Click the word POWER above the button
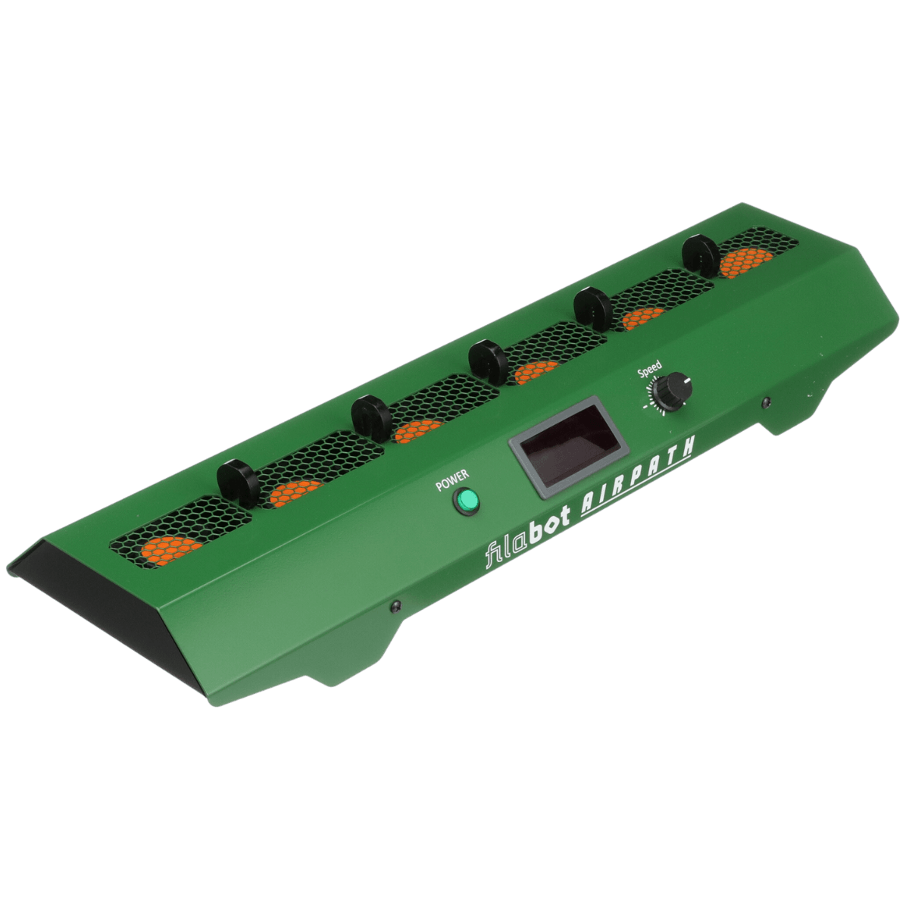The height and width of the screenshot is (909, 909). pos(453,479)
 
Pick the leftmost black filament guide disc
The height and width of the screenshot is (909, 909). pos(237,483)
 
